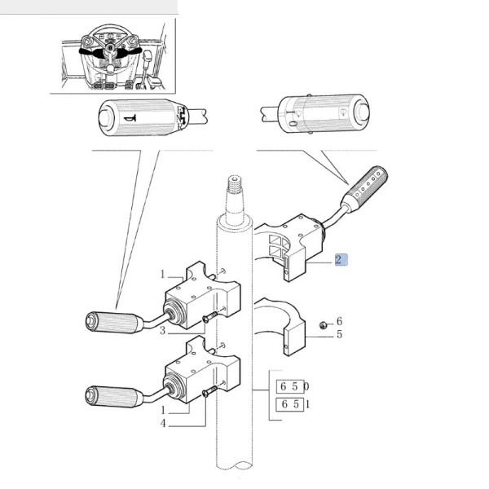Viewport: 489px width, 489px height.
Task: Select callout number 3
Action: click(163, 330)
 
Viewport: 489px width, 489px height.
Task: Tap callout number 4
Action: click(163, 424)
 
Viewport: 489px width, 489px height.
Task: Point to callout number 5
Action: click(339, 334)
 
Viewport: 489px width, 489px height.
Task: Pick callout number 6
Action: click(339, 321)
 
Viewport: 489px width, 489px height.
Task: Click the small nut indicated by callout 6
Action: click(324, 325)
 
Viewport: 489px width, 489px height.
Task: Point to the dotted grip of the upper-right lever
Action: click(369, 186)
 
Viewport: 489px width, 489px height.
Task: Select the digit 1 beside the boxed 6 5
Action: click(306, 403)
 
